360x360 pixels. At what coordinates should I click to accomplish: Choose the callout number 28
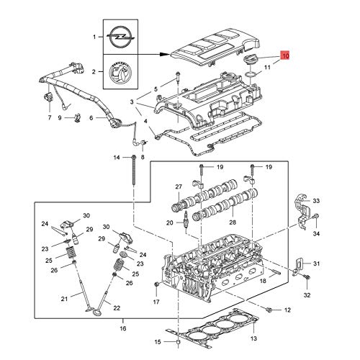coord(231,223)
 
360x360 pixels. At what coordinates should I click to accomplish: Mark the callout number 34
coord(317,233)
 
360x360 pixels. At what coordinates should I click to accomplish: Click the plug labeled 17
coord(156,287)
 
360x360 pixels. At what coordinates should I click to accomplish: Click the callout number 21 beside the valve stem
coord(65,297)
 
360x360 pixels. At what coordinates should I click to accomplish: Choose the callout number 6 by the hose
coord(91,118)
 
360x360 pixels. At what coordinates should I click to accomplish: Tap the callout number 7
coord(49,117)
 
